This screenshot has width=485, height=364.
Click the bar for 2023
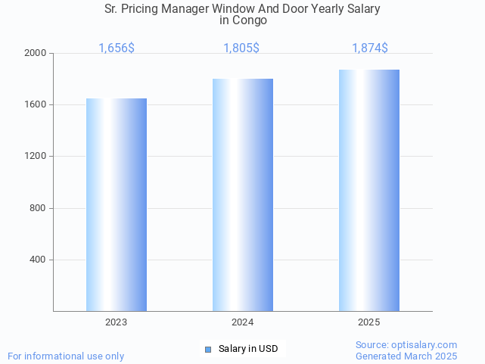pos(117,204)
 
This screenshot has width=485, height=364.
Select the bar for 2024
pos(243,194)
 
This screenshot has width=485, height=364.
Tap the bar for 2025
pos(369,190)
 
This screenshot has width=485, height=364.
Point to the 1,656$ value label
pos(117,48)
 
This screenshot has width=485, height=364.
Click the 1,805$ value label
pos(241,48)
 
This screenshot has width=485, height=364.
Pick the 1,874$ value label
pos(370,48)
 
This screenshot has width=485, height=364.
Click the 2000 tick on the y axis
pos(36,53)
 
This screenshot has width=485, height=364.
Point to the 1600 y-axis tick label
pos(36,104)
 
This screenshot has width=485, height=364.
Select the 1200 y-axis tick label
pos(36,156)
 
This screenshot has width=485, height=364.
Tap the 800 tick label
pos(39,208)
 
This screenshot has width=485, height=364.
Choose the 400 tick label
pos(39,260)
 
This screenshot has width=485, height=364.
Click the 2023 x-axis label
pos(117,322)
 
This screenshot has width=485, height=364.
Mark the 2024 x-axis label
pos(243,322)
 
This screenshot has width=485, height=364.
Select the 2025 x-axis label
pos(369,322)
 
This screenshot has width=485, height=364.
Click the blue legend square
pos(208,349)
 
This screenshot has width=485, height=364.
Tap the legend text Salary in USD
pos(248,349)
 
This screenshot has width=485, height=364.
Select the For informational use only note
pos(66,356)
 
